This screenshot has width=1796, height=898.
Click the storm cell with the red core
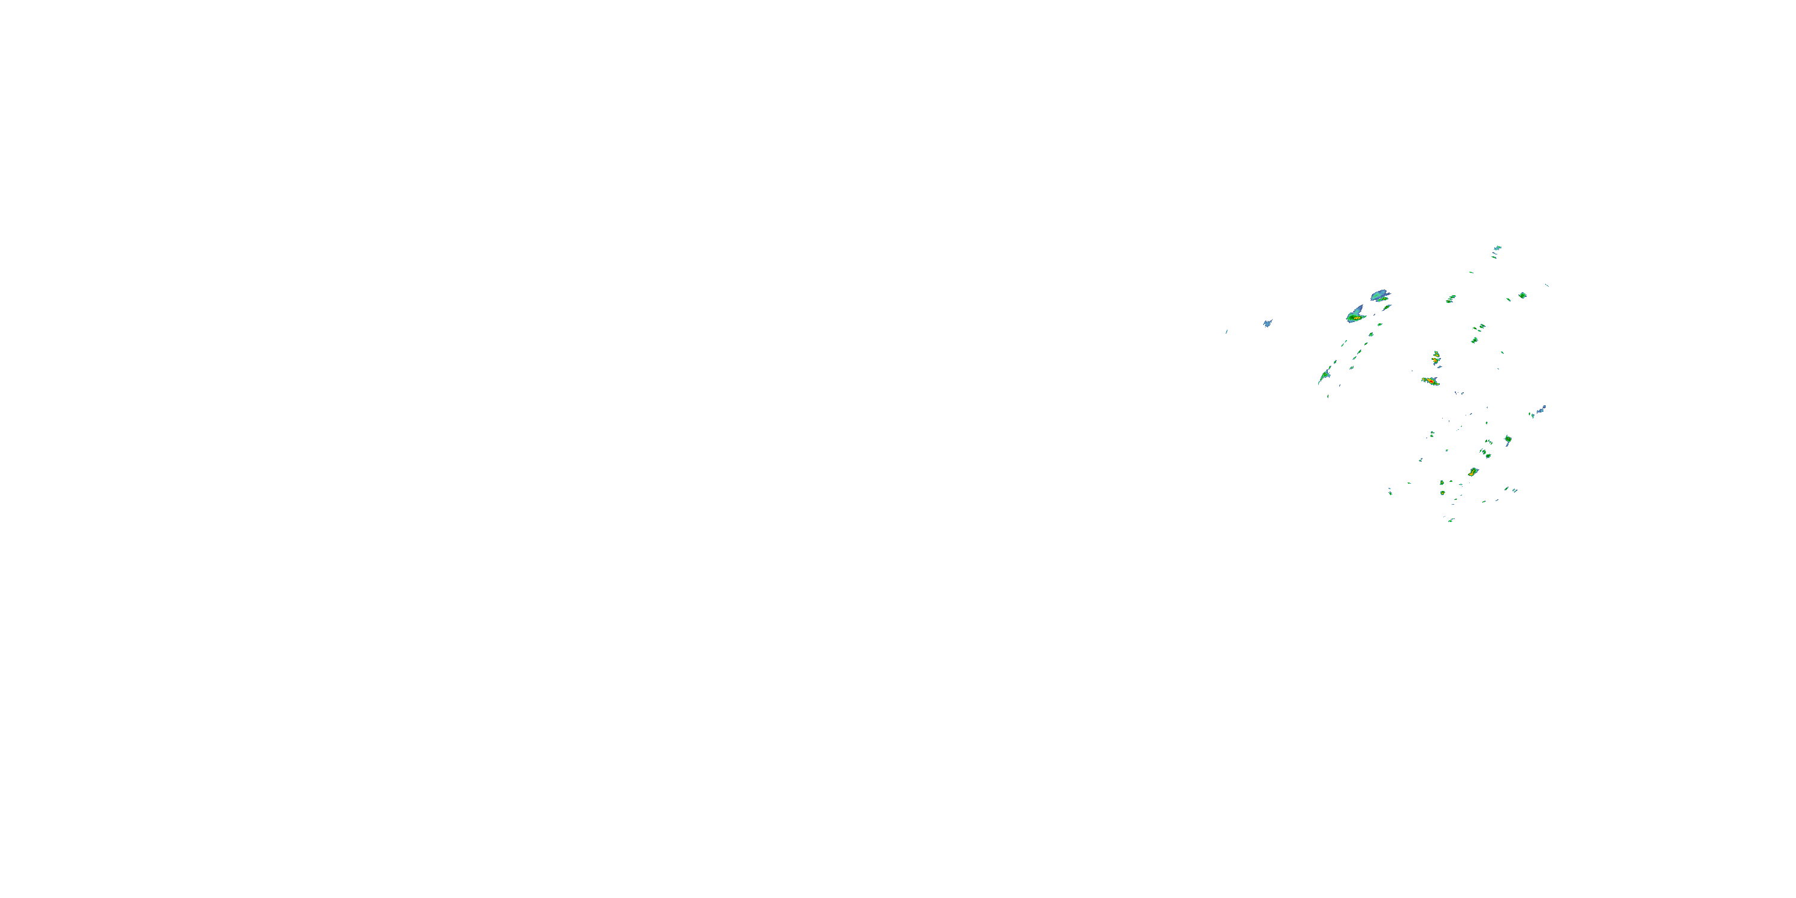pyautogui.click(x=1431, y=381)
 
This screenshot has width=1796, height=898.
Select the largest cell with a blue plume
pyautogui.click(x=1355, y=316)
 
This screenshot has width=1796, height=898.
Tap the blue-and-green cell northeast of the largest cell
pyautogui.click(x=1380, y=296)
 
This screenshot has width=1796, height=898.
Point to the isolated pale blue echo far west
pyautogui.click(x=1267, y=323)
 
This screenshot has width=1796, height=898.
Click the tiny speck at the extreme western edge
pyautogui.click(x=1227, y=332)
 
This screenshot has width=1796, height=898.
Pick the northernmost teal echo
pyautogui.click(x=1497, y=247)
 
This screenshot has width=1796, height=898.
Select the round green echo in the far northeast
pyautogui.click(x=1522, y=296)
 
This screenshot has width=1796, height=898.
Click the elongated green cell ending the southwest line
pyautogui.click(x=1323, y=377)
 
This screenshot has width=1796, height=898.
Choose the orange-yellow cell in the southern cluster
pyautogui.click(x=1473, y=472)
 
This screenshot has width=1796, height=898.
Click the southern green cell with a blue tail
pyautogui.click(x=1508, y=439)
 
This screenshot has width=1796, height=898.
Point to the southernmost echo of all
pyautogui.click(x=1451, y=520)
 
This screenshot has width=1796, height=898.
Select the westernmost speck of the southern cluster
pyautogui.click(x=1390, y=492)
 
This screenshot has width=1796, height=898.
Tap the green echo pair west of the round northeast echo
pyautogui.click(x=1451, y=299)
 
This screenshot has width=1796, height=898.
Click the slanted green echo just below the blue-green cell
pyautogui.click(x=1387, y=308)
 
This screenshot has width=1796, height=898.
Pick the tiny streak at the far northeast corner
pyautogui.click(x=1547, y=285)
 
